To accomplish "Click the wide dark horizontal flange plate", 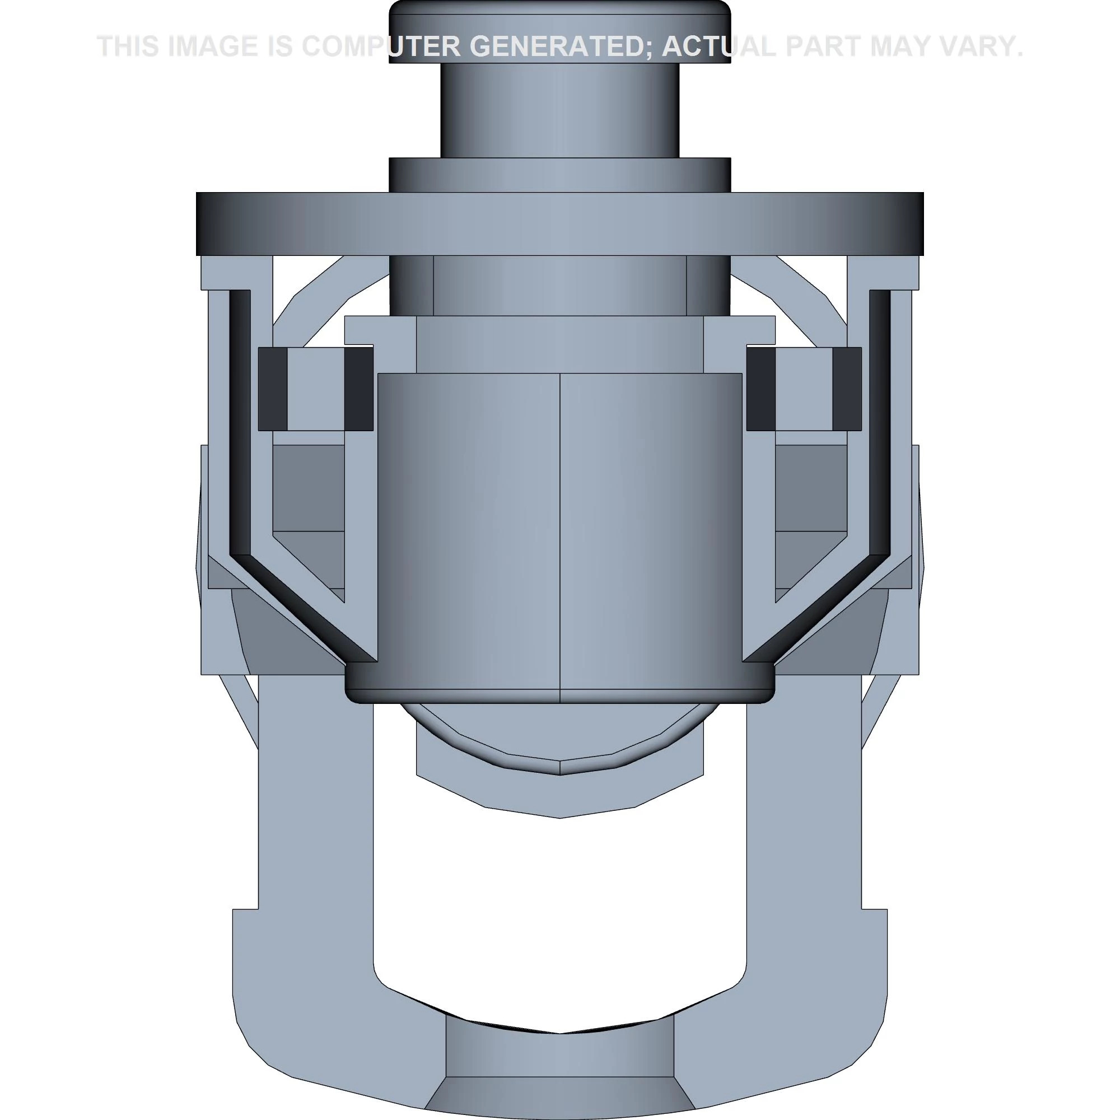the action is (559, 224).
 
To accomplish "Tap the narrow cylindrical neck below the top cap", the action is (559, 110).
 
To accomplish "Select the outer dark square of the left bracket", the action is (273, 389).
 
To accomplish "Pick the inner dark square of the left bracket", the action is (359, 389).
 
